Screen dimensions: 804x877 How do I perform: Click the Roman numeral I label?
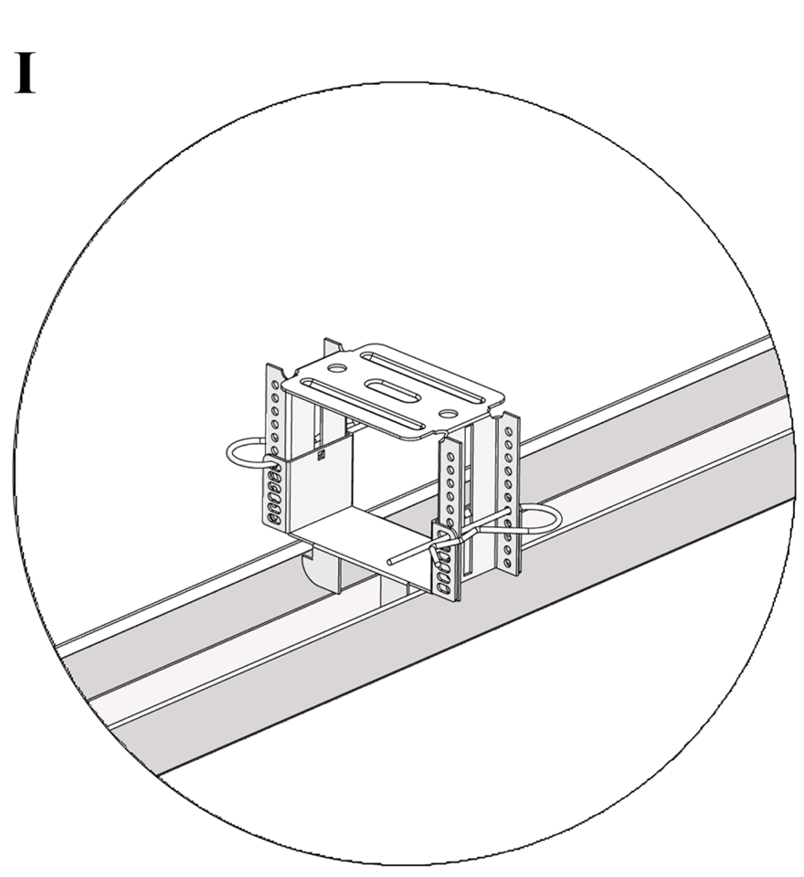pos(25,73)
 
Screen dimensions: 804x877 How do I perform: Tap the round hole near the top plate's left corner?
pos(336,368)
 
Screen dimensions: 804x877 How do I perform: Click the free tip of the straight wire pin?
pos(389,560)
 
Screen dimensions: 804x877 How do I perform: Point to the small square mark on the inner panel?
pos(321,456)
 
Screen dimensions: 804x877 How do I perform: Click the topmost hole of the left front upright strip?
pos(275,385)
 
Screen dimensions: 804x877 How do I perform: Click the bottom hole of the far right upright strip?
pos(507,563)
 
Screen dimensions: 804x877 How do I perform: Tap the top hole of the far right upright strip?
pos(508,432)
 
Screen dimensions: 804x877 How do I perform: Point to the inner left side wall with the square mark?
pos(322,488)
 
